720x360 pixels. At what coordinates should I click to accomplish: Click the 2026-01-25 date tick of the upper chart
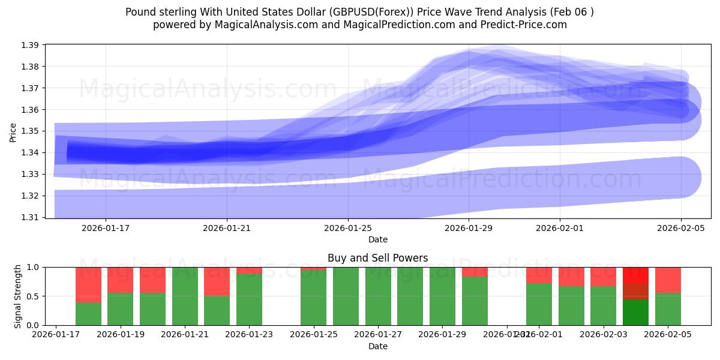(348, 228)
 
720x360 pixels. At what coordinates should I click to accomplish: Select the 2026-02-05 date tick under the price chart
(681, 228)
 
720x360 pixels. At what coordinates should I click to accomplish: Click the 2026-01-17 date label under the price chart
(106, 228)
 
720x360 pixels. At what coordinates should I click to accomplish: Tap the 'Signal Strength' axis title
(17, 296)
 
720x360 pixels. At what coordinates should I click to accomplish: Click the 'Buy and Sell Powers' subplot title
(377, 259)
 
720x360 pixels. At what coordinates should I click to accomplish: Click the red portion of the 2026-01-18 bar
(88, 284)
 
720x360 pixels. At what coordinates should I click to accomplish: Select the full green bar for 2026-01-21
(185, 296)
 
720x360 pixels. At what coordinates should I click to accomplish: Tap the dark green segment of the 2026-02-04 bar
(635, 312)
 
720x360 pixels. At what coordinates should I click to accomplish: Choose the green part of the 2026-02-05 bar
(668, 309)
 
